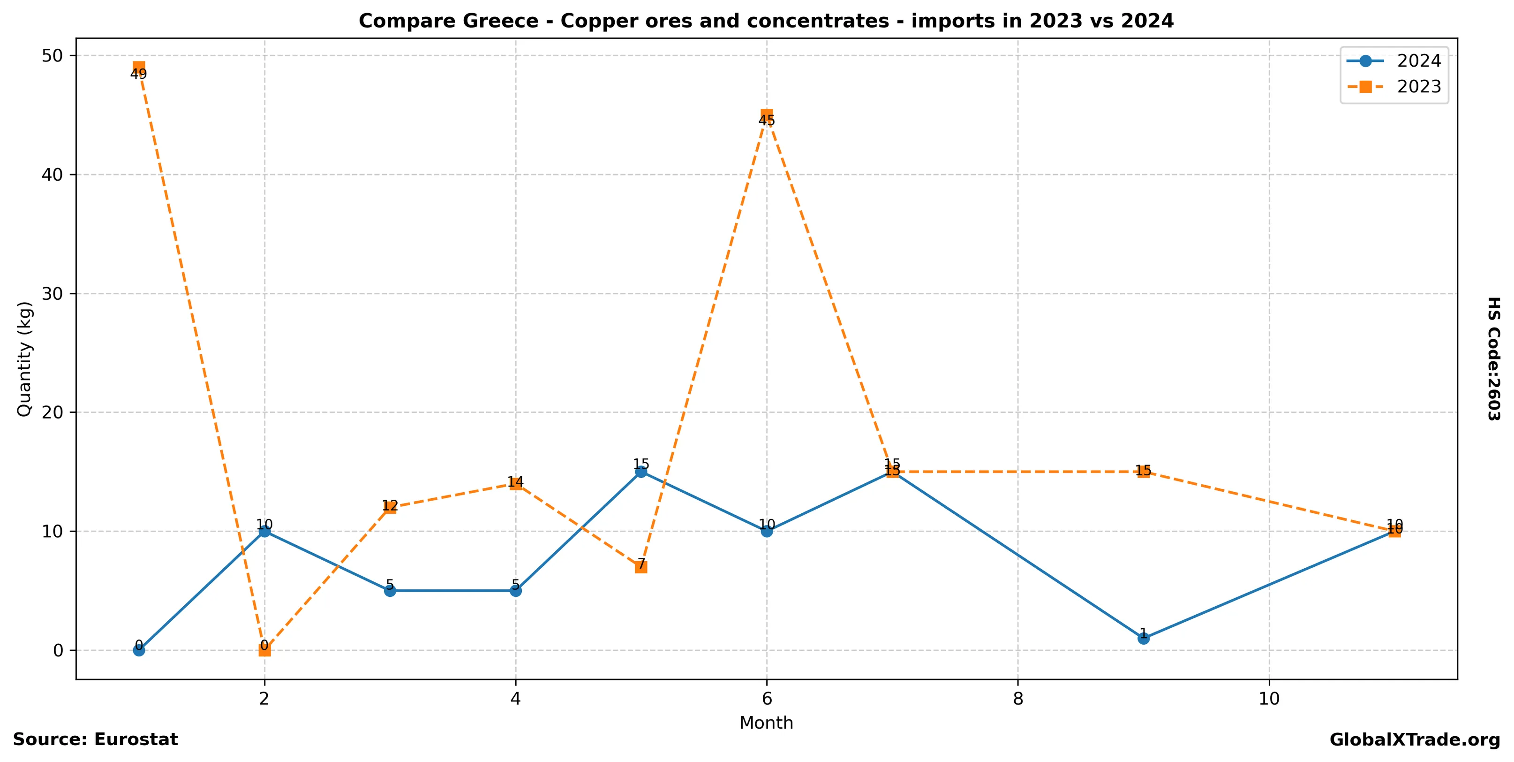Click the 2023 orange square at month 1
[x=139, y=68]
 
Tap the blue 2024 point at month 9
[x=1143, y=638]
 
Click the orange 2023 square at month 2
[x=264, y=650]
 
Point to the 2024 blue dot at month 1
[x=139, y=650]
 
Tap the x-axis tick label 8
[x=1018, y=699]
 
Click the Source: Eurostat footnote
[x=95, y=739]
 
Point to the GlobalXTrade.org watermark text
[x=1415, y=740]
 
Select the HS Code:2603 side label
[x=1493, y=358]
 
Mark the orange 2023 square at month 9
[x=1143, y=472]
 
